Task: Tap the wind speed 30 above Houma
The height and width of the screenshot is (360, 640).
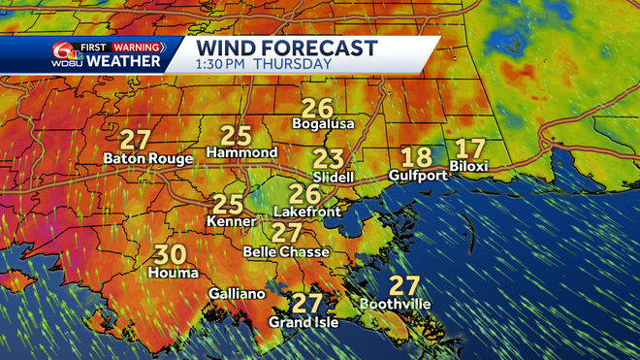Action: pyautogui.click(x=171, y=255)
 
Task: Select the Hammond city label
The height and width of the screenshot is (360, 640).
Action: pyautogui.click(x=242, y=153)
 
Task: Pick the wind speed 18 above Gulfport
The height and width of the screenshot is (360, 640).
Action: pyautogui.click(x=416, y=157)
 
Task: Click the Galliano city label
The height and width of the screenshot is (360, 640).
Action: pyautogui.click(x=236, y=294)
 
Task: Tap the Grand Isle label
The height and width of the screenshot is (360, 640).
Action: pyautogui.click(x=304, y=322)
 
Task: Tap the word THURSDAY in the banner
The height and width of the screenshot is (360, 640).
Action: pyautogui.click(x=298, y=65)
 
